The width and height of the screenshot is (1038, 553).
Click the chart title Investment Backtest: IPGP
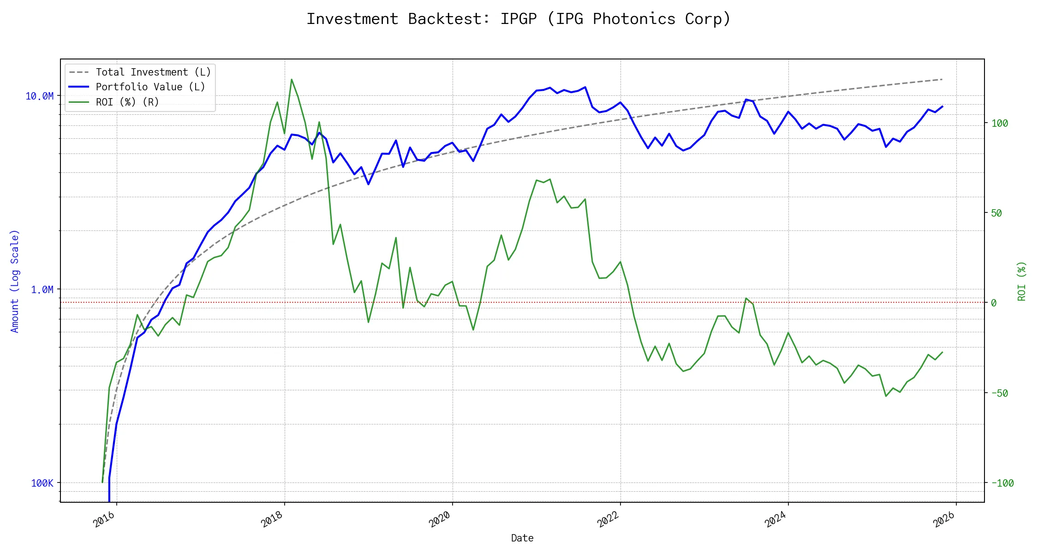click(x=519, y=19)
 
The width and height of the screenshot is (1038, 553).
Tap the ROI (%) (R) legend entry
click(x=127, y=102)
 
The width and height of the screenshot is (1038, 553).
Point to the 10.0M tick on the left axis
click(x=39, y=96)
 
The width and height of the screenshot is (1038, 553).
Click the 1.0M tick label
click(x=42, y=289)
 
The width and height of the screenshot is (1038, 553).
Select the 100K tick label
click(x=42, y=483)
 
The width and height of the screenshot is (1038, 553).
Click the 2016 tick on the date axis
click(x=104, y=519)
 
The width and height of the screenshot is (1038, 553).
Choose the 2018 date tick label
click(x=272, y=519)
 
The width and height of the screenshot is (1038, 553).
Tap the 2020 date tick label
click(x=440, y=519)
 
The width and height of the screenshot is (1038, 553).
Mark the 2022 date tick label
click(x=608, y=519)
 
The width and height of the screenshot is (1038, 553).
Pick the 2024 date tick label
click(x=776, y=519)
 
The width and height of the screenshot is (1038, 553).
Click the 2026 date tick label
click(x=943, y=519)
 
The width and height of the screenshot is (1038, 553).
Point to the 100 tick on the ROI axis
click(x=1000, y=123)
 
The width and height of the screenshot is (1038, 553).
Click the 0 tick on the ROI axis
click(x=994, y=303)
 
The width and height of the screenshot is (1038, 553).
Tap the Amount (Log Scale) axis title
click(x=15, y=281)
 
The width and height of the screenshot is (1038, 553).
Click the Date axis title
click(x=522, y=538)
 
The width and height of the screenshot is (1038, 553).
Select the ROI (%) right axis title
click(x=1022, y=281)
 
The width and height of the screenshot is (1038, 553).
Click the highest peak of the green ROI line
click(x=292, y=79)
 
